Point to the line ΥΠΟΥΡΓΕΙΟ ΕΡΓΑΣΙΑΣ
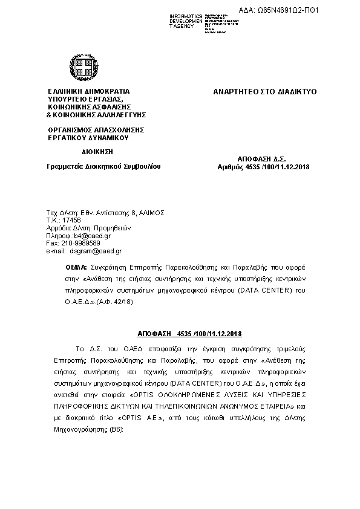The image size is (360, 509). click(85, 99)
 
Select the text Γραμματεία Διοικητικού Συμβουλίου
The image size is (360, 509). click(104, 165)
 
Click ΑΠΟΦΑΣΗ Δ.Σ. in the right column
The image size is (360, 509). click(263, 158)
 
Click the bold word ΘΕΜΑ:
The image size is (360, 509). click(76, 267)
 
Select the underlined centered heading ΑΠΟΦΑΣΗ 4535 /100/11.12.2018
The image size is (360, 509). click(190, 334)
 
